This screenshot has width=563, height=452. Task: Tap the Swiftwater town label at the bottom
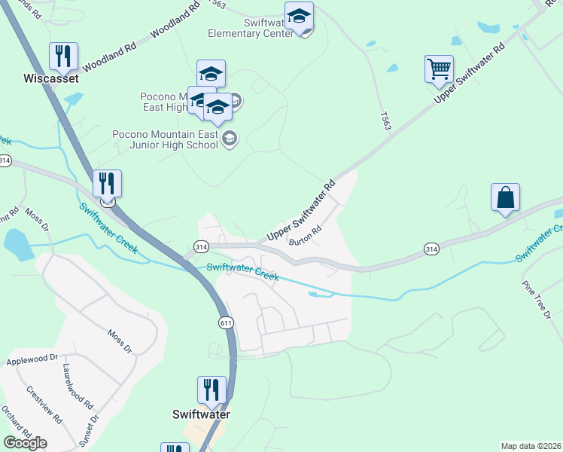point(201,414)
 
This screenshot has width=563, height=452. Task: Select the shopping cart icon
point(439,69)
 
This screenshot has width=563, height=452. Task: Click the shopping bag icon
point(505,197)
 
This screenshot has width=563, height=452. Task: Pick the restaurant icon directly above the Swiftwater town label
point(212,389)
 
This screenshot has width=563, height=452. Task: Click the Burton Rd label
point(306,236)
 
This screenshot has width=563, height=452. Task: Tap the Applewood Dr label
point(32,359)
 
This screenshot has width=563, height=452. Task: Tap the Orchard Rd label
point(15,424)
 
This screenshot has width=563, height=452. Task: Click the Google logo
point(25,442)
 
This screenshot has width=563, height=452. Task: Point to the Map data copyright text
point(531,445)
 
